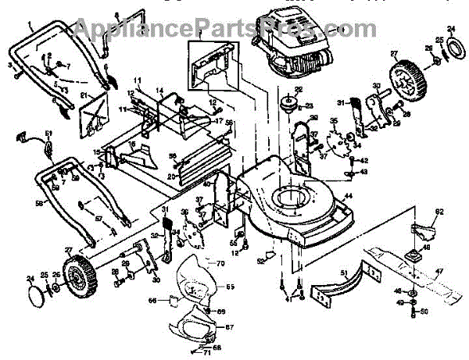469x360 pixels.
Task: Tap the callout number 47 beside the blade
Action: pos(439,271)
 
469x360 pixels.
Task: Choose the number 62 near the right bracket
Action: pos(439,212)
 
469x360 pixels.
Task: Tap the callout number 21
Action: pos(84,96)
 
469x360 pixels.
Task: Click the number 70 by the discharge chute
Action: pos(220,264)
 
